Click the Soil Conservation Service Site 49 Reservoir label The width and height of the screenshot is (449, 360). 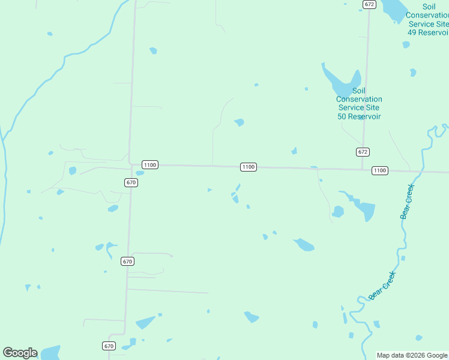[x=427, y=23]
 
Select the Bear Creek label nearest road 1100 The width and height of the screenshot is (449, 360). [x=408, y=202]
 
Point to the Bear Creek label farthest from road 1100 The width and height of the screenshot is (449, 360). [x=382, y=286]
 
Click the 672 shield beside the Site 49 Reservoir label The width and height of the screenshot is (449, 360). [x=369, y=4]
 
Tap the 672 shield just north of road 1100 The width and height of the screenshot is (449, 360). [x=363, y=152]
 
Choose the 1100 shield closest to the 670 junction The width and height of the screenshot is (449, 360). [x=149, y=164]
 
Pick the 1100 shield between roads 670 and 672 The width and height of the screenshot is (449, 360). [x=249, y=167]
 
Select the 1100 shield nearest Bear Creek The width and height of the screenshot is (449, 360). [x=379, y=170]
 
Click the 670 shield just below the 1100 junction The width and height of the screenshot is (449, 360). [x=131, y=182]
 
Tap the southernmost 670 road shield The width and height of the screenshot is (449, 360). [x=109, y=346]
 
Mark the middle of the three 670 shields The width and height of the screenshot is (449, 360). [x=127, y=261]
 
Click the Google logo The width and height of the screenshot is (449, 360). [x=20, y=353]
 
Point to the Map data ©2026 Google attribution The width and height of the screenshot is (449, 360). [x=412, y=355]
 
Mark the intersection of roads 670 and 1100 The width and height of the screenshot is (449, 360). [x=130, y=164]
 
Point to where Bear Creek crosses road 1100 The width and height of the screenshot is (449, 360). [x=423, y=172]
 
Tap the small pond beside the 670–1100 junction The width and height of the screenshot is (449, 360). [x=140, y=173]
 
